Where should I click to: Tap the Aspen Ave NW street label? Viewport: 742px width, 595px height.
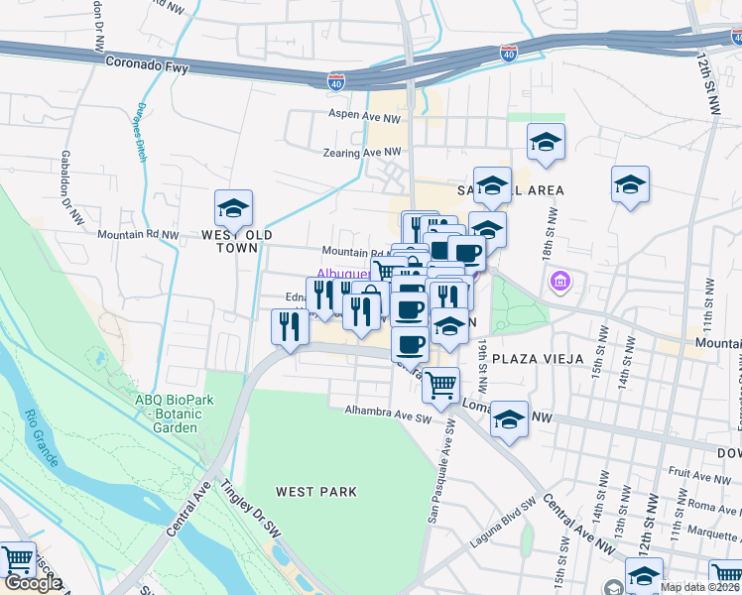[364, 115]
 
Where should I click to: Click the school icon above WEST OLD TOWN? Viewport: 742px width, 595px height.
[233, 208]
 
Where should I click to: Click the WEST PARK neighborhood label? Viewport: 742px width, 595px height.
[316, 491]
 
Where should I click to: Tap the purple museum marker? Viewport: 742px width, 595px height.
[560, 283]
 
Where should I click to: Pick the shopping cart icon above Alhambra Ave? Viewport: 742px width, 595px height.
[440, 385]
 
